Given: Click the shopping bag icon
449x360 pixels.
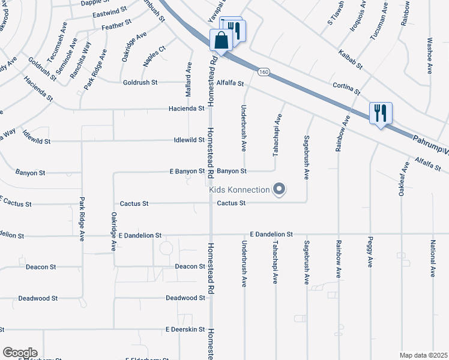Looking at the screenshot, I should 221,41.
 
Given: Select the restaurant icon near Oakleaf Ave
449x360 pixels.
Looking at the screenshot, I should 381,113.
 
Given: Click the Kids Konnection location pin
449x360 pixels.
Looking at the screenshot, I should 279,190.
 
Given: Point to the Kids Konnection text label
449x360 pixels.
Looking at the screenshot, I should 240,190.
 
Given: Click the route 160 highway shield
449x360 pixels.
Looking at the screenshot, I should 264,72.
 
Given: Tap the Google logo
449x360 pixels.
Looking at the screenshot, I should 20,353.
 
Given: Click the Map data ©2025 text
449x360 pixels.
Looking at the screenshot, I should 423,355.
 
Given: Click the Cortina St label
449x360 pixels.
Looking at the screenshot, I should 348,89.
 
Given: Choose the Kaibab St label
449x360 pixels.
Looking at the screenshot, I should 349,58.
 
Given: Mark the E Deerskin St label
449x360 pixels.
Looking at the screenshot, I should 185,329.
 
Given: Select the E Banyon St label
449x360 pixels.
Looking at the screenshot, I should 187,172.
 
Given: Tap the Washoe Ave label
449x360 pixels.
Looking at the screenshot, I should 429,56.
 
